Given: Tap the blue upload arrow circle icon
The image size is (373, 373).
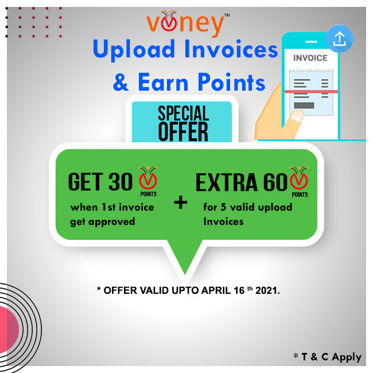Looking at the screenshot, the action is (340, 38).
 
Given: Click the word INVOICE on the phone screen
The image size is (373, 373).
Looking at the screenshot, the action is (310, 58).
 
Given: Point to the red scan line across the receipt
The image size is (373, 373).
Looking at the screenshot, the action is (311, 92).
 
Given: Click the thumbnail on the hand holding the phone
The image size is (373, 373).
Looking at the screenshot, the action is (297, 116).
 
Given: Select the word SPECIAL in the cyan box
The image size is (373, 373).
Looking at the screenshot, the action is (184, 114).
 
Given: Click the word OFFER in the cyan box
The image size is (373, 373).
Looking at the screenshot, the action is (183, 131).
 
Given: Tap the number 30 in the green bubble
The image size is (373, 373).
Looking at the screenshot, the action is (121, 182).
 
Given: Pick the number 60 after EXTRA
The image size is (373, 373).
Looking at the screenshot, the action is (275, 182).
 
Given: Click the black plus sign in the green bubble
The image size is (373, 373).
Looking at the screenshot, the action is (181, 203).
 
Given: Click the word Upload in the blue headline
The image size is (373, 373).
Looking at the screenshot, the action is (134, 49).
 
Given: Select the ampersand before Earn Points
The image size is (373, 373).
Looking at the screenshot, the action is (121, 82).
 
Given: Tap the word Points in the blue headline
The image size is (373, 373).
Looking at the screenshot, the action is (231, 82).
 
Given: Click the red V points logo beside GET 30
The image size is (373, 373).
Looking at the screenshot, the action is (148, 181).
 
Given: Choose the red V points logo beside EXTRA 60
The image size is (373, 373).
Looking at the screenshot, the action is (299, 181).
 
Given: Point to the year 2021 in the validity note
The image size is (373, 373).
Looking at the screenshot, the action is (267, 290).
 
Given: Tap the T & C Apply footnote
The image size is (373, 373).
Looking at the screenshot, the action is (327, 357).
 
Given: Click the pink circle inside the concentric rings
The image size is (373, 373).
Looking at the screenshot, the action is (9, 329).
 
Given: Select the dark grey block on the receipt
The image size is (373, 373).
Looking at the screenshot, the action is (304, 105).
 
